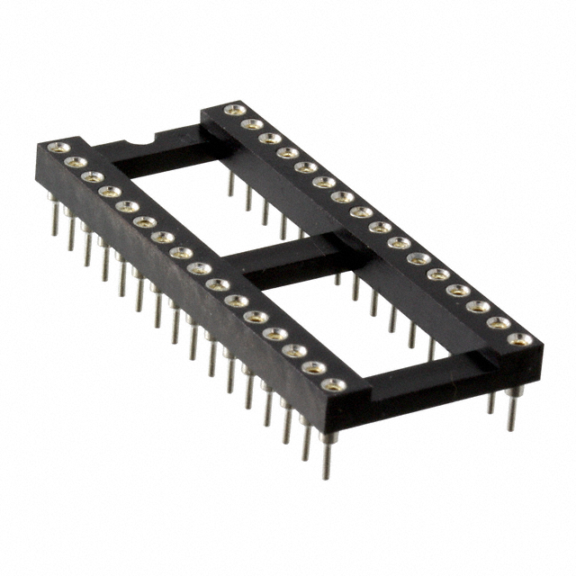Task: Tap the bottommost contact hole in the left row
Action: click(x=333, y=385)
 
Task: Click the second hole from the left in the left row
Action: click(x=76, y=162)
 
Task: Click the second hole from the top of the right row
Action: click(x=251, y=124)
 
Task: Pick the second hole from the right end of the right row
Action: click(x=499, y=322)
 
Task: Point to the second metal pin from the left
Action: click(x=71, y=236)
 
